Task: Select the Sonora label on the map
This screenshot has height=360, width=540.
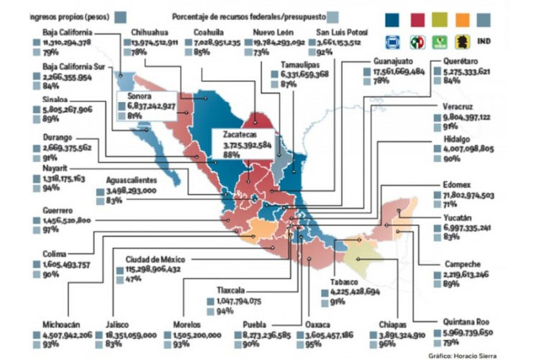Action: (140, 95)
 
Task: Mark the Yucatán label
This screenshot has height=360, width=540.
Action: (456, 216)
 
